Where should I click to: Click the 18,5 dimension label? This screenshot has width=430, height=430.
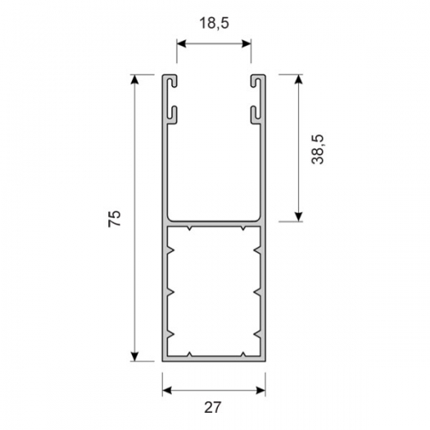214,23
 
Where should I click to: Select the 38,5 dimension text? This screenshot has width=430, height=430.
318,149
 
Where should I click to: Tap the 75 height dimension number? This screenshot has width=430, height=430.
115,219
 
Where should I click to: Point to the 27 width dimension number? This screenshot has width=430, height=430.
212,408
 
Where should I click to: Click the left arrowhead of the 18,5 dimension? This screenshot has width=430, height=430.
182,43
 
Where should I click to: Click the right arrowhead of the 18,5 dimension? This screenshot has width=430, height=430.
247,43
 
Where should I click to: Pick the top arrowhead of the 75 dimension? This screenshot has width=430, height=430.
134,79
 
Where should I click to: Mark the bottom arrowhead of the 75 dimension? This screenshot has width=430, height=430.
134,356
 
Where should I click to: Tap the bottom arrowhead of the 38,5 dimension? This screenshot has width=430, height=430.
298,217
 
